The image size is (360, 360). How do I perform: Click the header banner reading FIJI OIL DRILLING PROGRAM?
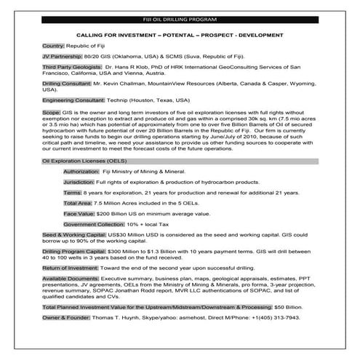[x=180, y=18]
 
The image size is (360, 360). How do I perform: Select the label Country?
[x=55, y=45]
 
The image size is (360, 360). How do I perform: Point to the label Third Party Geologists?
[x=72, y=67]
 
